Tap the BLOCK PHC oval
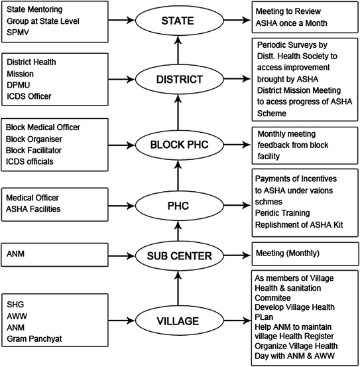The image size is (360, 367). tap(176, 143)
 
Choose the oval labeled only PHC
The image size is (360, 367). tap(176, 206)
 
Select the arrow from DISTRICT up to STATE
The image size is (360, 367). tap(176, 50)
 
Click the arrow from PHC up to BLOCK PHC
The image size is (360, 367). tap(176, 175)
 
